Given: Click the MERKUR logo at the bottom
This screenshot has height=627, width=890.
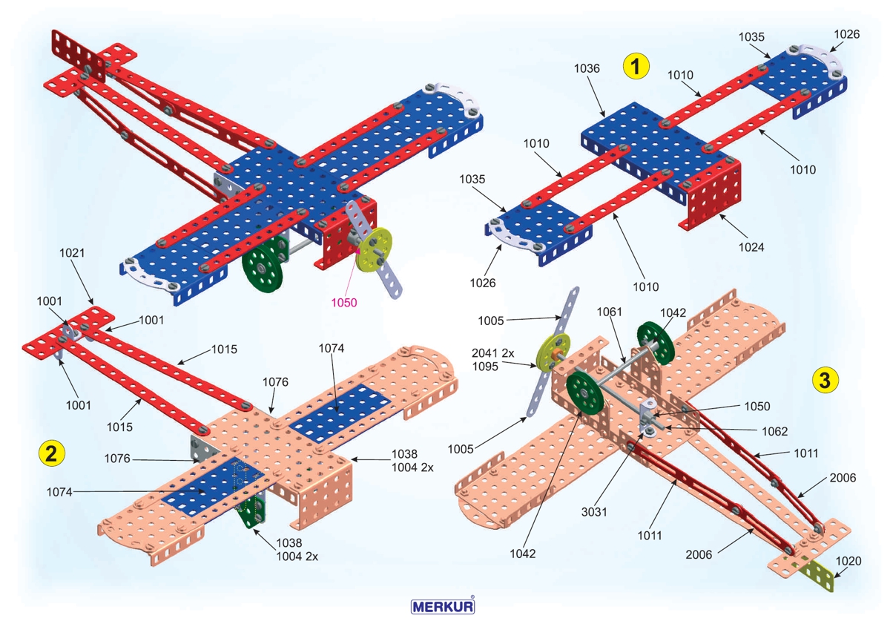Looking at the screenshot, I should [443, 605].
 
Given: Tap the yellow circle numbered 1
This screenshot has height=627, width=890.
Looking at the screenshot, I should [636, 66].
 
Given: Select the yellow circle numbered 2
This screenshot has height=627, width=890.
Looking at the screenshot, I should [50, 453].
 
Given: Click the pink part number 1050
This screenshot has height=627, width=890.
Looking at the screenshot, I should [344, 303].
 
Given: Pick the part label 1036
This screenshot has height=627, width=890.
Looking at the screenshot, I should [587, 68].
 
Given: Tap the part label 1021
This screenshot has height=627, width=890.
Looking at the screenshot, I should [73, 252].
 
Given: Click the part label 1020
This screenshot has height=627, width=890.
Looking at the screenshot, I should [848, 561].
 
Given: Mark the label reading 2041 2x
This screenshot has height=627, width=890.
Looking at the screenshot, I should [493, 353].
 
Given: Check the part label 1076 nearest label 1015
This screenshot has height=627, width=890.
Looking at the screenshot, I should [275, 383].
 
